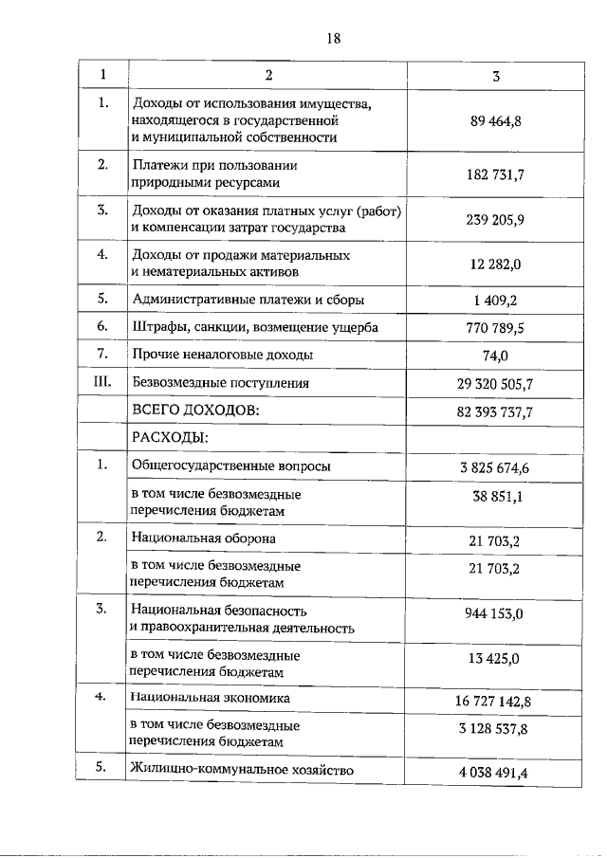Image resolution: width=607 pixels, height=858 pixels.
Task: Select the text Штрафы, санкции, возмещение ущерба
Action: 255,327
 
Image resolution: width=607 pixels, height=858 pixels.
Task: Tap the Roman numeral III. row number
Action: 101,383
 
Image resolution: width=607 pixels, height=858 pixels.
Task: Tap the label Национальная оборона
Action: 204,539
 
